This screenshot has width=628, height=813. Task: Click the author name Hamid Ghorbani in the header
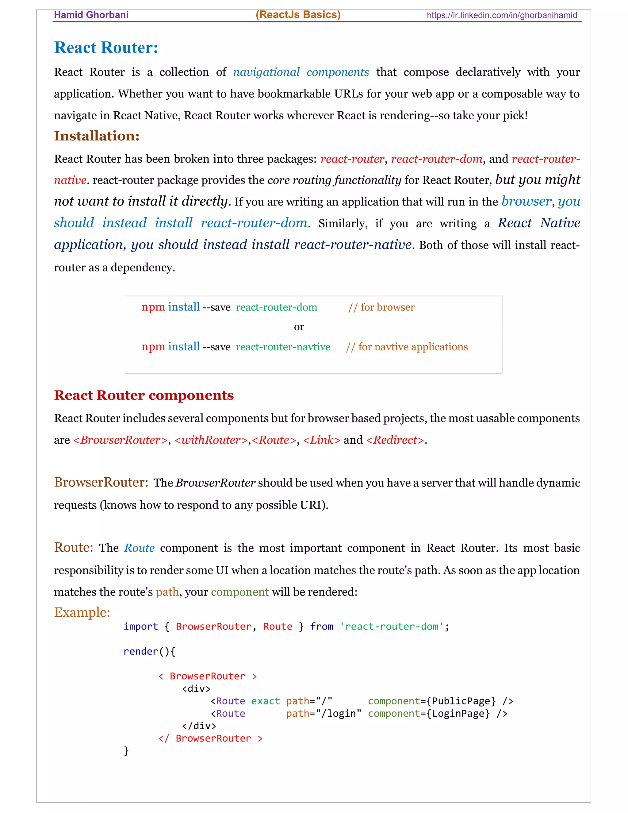tap(91, 15)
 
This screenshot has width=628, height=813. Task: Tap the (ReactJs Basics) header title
tap(298, 14)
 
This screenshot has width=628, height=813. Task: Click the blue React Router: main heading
tap(106, 48)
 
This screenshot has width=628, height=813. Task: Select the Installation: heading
tap(97, 136)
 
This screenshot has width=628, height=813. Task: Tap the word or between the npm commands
tap(299, 327)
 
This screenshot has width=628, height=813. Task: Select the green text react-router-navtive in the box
tap(283, 347)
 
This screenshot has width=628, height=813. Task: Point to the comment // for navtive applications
tap(407, 347)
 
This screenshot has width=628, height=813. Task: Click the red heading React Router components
tap(144, 395)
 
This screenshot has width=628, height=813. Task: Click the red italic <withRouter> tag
tap(211, 440)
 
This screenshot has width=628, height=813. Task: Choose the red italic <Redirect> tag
tap(395, 440)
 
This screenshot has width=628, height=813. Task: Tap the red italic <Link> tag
tap(321, 440)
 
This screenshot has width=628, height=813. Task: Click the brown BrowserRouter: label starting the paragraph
tap(101, 483)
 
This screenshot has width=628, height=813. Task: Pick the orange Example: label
tap(82, 612)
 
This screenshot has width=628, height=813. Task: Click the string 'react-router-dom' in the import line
tap(391, 626)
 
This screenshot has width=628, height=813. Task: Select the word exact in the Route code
tap(265, 701)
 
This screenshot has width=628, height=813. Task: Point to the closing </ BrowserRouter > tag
tap(210, 738)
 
